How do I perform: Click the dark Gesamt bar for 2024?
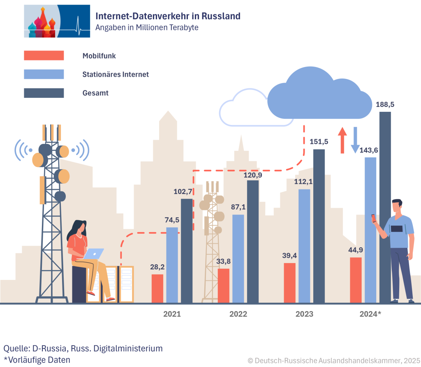[x=385, y=208]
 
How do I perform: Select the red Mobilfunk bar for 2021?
[x=157, y=289]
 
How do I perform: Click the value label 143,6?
[x=368, y=150]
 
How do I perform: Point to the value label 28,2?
[x=157, y=267]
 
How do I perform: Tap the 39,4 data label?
[x=289, y=256]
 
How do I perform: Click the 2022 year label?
[x=238, y=314]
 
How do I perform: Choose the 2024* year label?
[x=370, y=314]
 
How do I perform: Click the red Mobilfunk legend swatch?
[x=44, y=55]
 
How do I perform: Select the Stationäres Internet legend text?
[x=116, y=74]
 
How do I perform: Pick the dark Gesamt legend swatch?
[x=44, y=93]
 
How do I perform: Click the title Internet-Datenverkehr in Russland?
[x=168, y=16]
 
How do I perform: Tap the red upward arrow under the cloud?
[x=342, y=140]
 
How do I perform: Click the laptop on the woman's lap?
[x=95, y=254]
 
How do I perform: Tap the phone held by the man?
[x=374, y=218]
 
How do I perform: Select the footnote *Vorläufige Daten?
[x=37, y=359]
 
